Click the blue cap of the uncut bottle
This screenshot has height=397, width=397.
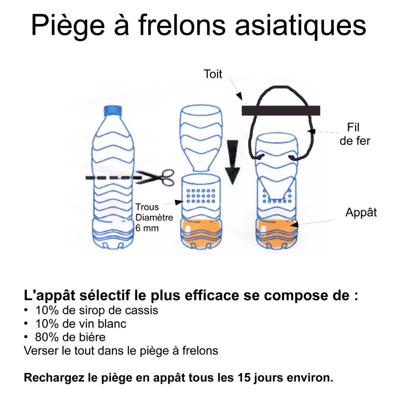[113, 110]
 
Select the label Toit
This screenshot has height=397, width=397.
[213, 74]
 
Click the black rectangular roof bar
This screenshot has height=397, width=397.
[281, 110]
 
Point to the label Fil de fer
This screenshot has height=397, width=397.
[354, 134]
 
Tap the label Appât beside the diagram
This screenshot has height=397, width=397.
[361, 212]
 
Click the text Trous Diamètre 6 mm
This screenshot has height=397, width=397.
[154, 217]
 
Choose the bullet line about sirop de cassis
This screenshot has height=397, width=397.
[96, 310]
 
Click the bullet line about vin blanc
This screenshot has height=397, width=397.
[81, 324]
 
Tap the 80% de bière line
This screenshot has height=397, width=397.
[70, 337]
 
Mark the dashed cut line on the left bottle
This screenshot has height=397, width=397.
[110, 178]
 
